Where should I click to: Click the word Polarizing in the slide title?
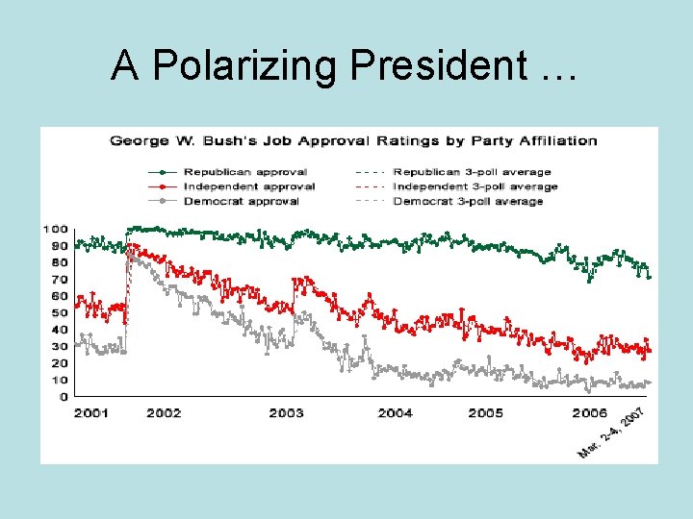(247, 66)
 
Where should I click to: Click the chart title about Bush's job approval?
(353, 140)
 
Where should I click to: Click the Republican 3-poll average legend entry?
(470, 171)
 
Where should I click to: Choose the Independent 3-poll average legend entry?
(474, 186)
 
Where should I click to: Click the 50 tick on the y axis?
(60, 312)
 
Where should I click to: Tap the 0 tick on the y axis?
(64, 396)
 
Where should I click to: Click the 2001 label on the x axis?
(90, 413)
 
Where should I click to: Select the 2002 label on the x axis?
(164, 413)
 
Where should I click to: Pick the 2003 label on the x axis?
(286, 413)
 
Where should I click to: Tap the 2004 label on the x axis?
(395, 413)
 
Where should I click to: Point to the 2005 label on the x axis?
(485, 413)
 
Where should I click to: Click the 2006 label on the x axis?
(589, 413)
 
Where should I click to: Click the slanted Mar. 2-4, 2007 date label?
(610, 433)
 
